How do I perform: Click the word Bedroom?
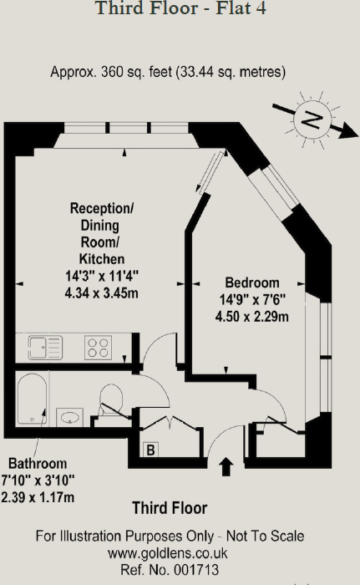tap(252, 283)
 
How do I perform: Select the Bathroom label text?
tap(38, 463)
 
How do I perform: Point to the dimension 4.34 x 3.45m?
tap(101, 292)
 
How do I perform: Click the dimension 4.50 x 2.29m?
tap(251, 316)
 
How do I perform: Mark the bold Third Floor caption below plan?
tap(170, 508)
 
